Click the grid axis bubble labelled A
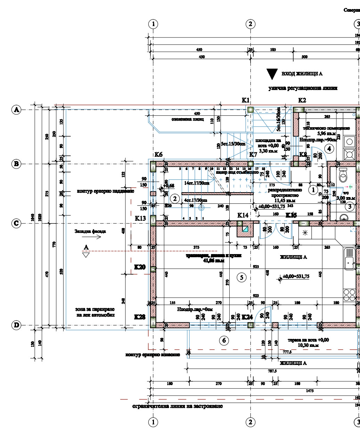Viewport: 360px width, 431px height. [x=16, y=110]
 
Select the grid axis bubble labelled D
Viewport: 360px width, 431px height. [x=16, y=325]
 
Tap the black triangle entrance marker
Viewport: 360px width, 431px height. [x=272, y=74]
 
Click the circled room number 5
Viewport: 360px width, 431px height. [x=241, y=277]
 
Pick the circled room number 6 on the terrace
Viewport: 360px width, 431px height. [x=224, y=340]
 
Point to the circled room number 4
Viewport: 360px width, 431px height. [x=329, y=149]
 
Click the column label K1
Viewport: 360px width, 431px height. [x=246, y=100]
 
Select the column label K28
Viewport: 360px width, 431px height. [x=140, y=317]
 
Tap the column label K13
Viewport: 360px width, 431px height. [x=140, y=218]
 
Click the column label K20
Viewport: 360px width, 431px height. [x=140, y=267]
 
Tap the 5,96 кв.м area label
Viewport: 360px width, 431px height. [x=326, y=133]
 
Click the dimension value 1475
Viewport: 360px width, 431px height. [x=310, y=391]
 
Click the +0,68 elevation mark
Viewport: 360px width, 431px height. [x=168, y=186]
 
